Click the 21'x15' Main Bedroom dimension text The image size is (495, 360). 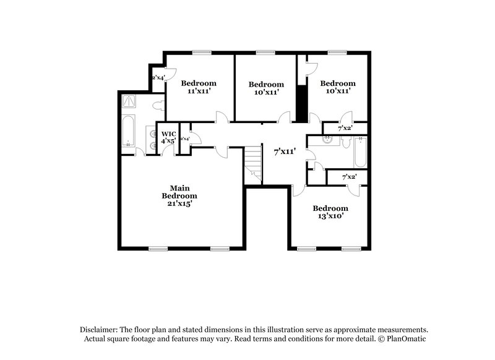pos(179,204)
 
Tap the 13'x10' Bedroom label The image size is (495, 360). pos(330,216)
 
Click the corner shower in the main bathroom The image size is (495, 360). pos(130,100)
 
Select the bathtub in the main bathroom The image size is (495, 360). pos(129,131)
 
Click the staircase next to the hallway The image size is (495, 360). pos(252,163)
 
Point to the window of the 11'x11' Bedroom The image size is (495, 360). pos(200,52)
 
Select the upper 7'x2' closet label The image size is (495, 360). pos(345,128)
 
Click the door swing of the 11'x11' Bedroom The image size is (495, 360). pos(220,118)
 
